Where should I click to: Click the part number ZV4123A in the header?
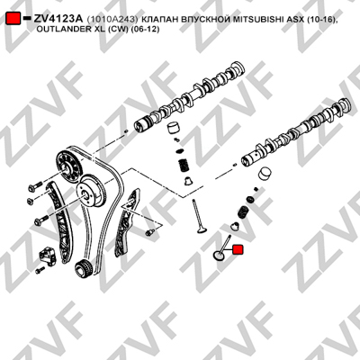click(x=58, y=19)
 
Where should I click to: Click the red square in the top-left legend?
click(x=13, y=19)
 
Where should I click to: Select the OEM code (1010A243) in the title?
click(x=112, y=19)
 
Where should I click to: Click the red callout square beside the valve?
click(x=238, y=249)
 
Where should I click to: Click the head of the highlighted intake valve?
click(x=219, y=256)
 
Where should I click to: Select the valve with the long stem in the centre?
click(x=198, y=217)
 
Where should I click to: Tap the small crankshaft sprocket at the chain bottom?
click(x=83, y=266)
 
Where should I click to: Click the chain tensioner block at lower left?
click(x=48, y=256)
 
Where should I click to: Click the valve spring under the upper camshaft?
click(x=183, y=166)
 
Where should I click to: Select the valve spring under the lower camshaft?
click(x=242, y=211)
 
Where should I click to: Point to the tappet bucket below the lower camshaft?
click(x=265, y=174)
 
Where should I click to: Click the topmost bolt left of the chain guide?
click(x=35, y=185)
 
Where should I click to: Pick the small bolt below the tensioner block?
click(x=40, y=270)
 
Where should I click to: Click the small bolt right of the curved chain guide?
click(x=149, y=232)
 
